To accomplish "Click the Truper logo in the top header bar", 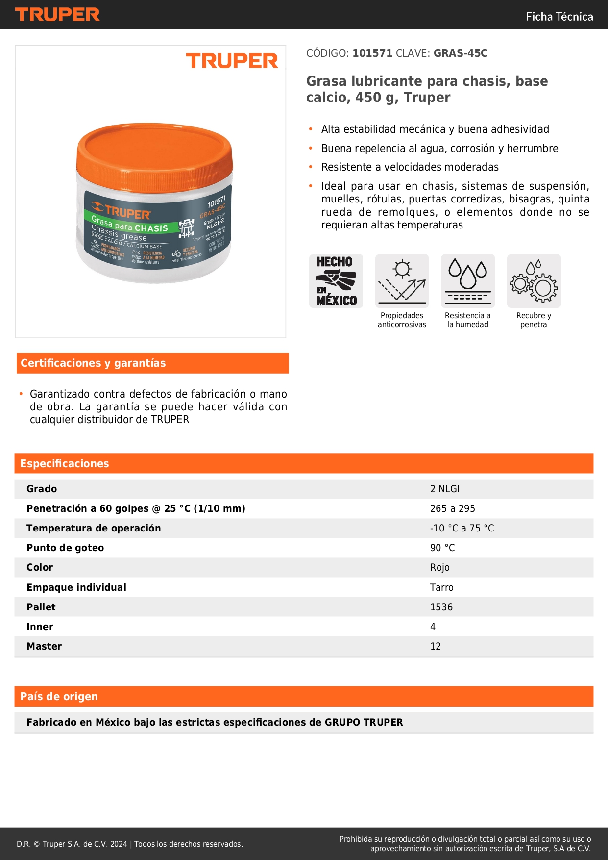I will point(57,15).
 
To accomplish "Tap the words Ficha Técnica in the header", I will point(559,17).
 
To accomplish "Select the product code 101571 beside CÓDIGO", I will point(372,53).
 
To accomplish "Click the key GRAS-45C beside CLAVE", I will point(460,53).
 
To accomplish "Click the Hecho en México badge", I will point(336,281).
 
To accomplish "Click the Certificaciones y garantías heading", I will point(93,363).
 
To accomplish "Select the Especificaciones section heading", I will point(65,464).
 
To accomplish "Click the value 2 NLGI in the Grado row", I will point(445,489).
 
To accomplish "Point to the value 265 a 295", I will point(453,509).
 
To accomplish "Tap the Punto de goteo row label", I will point(65,548).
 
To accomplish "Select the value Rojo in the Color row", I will point(440,568).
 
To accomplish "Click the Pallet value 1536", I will point(441,607).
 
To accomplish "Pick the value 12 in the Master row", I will point(436,647).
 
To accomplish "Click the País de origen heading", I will point(59,697).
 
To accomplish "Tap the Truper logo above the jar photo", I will point(232,61).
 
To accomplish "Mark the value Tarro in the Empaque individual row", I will point(442,588).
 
